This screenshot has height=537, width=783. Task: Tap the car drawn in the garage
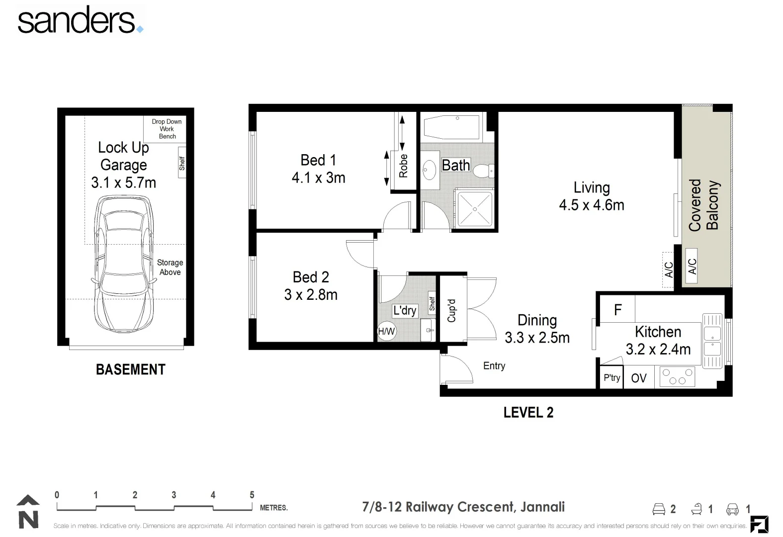click(x=124, y=264)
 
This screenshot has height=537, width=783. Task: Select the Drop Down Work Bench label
click(x=167, y=129)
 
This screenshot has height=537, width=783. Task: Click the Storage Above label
click(x=170, y=268)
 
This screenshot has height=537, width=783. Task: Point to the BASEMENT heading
click(x=130, y=369)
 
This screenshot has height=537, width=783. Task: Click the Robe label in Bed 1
click(x=403, y=166)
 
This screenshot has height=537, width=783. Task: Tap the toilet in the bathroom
click(x=484, y=171)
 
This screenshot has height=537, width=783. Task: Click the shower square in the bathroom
click(x=475, y=209)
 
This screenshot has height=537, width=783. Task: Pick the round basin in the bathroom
click(x=429, y=170)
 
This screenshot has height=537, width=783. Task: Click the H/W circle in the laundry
click(x=387, y=331)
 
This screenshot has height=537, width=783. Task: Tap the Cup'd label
click(x=451, y=310)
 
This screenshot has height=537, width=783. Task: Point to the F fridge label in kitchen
click(x=617, y=310)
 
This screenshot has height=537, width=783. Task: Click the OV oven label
click(x=639, y=378)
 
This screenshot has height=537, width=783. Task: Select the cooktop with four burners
click(x=677, y=376)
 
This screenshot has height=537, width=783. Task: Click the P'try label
click(x=611, y=377)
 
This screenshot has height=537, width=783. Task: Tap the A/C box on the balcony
click(x=692, y=266)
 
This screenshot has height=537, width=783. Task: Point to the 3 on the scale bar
click(x=174, y=495)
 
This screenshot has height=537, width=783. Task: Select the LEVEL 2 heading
click(x=528, y=413)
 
